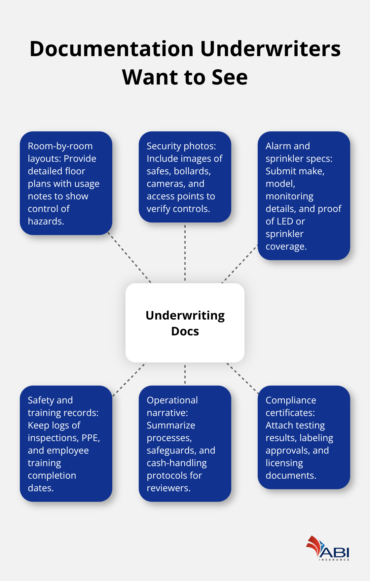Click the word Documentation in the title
[x=111, y=49]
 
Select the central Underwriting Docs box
[x=185, y=323]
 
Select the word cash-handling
[x=177, y=463]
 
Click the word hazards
[x=46, y=221]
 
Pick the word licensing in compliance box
[x=284, y=463]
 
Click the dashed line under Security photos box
[x=185, y=253]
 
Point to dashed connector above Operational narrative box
[x=185, y=374]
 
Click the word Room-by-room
[x=60, y=146]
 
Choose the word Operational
[x=172, y=400]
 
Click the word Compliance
[x=291, y=400]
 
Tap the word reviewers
[x=168, y=488]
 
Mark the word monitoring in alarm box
[x=289, y=196]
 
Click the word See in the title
[x=229, y=77]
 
